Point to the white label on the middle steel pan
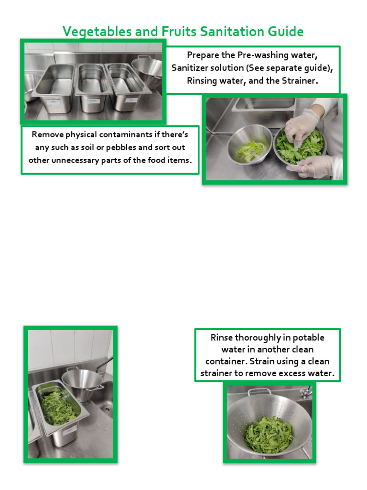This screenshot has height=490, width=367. (x=94, y=101)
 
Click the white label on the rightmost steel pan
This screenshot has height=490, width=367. (x=130, y=100)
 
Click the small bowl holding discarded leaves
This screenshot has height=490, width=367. (x=249, y=144)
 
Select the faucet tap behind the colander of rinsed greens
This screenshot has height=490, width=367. (x=304, y=393)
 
